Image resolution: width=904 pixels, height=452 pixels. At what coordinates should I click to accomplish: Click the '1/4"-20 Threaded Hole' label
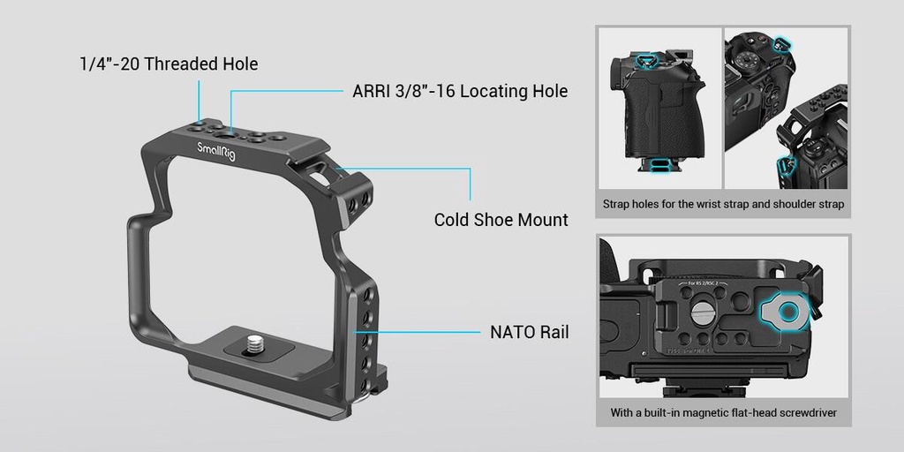169,64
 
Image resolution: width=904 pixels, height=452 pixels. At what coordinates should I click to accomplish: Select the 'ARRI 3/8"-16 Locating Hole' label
455,91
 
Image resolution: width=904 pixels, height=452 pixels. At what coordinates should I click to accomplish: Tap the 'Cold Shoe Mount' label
501,219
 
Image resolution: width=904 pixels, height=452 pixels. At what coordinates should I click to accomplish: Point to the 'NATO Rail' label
529,333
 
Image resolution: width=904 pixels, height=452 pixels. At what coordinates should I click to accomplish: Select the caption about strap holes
723,204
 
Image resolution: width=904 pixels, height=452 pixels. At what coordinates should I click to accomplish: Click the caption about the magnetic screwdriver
723,412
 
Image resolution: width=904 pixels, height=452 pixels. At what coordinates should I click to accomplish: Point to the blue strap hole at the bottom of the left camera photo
658,163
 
